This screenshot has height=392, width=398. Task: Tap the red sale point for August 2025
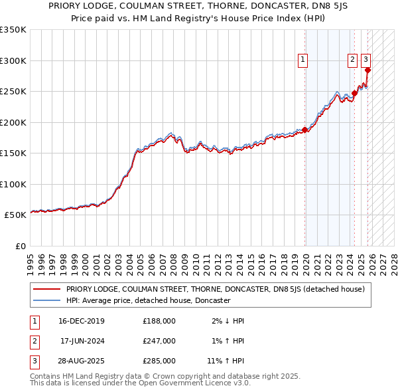point(368,70)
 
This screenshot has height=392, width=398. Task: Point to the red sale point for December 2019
point(305,130)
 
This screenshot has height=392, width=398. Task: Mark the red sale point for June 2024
point(355,93)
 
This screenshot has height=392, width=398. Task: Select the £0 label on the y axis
point(20,246)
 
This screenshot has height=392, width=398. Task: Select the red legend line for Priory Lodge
point(46,289)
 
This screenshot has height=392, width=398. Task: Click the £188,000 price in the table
point(159,321)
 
